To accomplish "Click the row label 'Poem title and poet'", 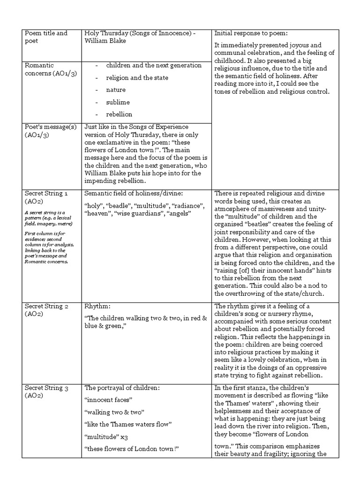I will coord(45,37).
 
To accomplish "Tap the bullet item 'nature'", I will coord(116,90).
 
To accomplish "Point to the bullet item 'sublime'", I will coord(118,102).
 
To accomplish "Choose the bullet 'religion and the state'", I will coord(137,77).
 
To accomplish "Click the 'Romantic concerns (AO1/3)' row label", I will coord(45,69).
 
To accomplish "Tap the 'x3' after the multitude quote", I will coord(121,436).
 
